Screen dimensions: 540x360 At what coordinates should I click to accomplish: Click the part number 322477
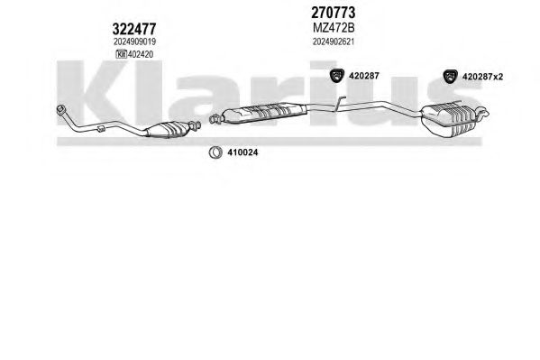point(134,29)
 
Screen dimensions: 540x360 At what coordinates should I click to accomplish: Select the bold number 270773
point(333,13)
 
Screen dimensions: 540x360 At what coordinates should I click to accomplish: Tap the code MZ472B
point(334,28)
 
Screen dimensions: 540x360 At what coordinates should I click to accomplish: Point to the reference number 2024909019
point(134,42)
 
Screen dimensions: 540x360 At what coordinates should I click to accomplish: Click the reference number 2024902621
point(334,42)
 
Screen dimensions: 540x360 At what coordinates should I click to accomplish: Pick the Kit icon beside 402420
point(121,54)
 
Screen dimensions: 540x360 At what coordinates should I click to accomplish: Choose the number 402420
point(141,54)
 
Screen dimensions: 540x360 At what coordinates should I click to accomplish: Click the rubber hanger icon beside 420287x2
point(450,76)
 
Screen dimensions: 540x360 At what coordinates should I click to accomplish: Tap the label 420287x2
point(482,77)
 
